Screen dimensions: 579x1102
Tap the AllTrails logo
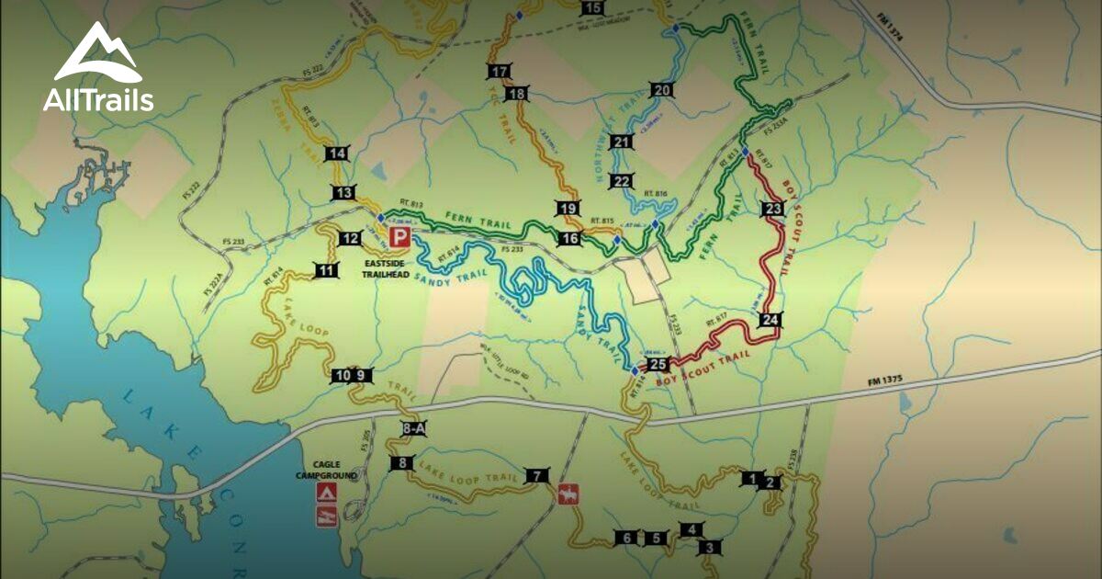coord(98,68)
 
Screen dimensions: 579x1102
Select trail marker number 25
coord(658,365)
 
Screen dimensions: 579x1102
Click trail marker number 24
coord(770,320)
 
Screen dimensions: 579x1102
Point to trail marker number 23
coord(773,210)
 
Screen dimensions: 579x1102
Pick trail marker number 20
coord(662,90)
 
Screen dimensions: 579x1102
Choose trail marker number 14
coord(338,153)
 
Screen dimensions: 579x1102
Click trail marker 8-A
coord(414,428)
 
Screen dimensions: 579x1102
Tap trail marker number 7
coord(535,475)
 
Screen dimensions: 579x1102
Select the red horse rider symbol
coord(568,494)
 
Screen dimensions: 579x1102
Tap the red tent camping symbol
coord(326,493)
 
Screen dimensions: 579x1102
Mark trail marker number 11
coord(327,270)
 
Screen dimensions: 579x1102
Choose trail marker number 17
coord(500,72)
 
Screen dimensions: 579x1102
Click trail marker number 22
coord(622,181)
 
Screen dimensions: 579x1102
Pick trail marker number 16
coord(569,239)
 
